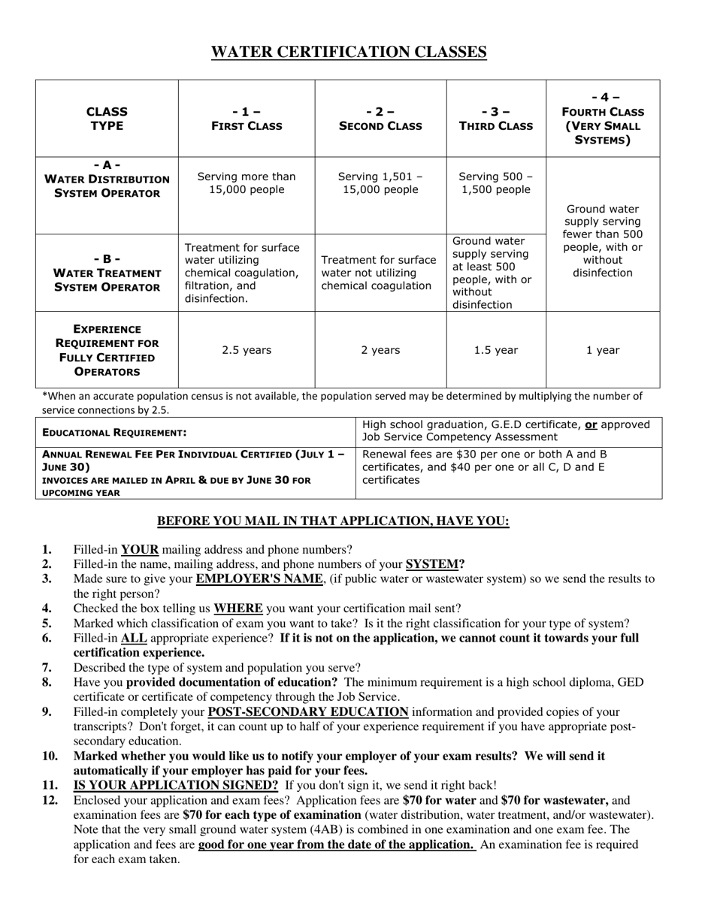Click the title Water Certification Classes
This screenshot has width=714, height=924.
(349, 52)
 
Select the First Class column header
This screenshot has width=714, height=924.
(246, 119)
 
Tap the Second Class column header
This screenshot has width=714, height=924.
(380, 119)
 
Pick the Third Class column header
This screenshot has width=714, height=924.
(496, 119)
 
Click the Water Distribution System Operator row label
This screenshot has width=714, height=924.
(107, 180)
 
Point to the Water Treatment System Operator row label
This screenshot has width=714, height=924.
(107, 273)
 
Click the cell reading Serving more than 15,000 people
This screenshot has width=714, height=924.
(246, 183)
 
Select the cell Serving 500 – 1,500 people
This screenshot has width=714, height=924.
(496, 183)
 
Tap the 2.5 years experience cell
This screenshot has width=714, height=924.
(246, 350)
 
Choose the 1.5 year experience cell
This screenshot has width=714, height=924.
(496, 350)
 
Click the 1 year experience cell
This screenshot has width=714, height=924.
(603, 350)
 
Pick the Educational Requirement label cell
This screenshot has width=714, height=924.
(114, 433)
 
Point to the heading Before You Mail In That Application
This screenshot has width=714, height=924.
(333, 521)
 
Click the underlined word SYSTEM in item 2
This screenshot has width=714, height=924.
(432, 564)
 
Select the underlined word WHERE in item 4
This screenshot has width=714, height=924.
(238, 608)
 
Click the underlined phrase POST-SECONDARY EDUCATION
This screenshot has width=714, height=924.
(308, 711)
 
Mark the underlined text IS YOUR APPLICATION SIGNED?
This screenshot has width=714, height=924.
(176, 785)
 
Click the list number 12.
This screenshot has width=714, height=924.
(50, 800)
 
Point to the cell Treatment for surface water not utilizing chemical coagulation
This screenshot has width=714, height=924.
(380, 273)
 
